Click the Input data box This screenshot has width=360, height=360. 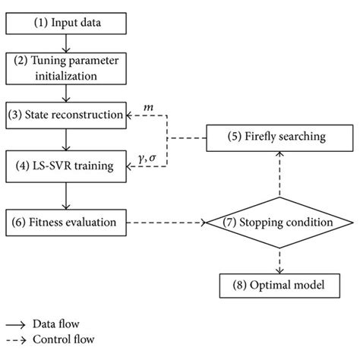(68, 24)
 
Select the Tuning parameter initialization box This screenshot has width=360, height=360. (68, 69)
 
